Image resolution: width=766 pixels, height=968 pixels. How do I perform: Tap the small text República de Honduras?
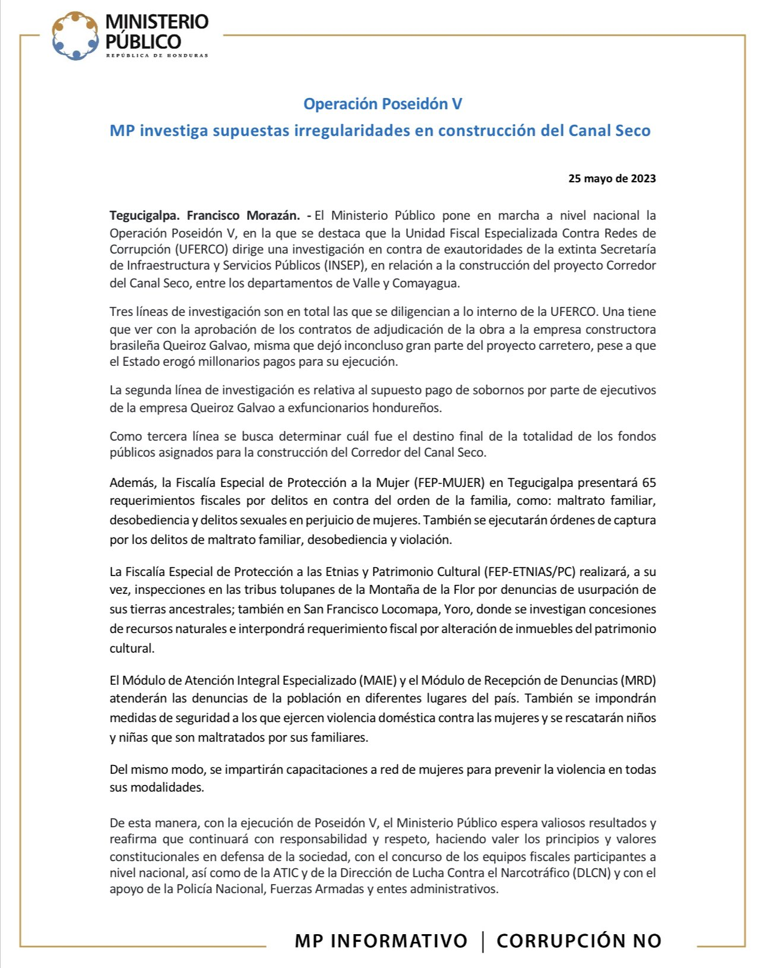point(157,56)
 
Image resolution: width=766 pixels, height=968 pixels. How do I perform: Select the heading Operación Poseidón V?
point(382,104)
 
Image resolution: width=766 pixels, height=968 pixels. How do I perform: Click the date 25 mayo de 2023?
point(612,178)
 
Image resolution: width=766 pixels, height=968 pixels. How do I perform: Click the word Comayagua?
point(426,283)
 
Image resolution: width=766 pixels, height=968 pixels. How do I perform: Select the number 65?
point(648,482)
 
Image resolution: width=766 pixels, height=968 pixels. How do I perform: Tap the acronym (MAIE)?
point(377,680)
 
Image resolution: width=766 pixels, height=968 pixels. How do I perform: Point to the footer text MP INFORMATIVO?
point(381,941)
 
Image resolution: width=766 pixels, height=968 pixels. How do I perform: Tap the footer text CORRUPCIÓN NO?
point(579,941)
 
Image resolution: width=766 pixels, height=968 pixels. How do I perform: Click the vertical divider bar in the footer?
point(483,941)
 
